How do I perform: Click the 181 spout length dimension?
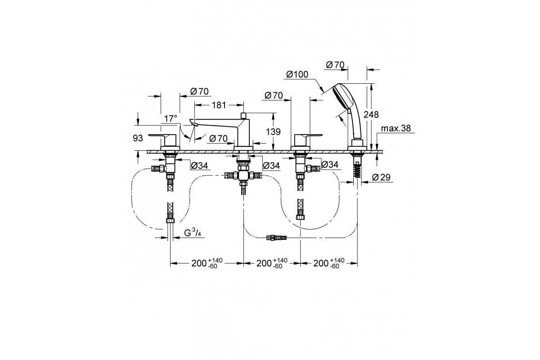click(219, 105)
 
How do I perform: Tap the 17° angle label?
click(171, 118)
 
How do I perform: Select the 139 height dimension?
click(273, 132)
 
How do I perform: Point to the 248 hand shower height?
click(371, 114)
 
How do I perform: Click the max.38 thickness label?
click(396, 128)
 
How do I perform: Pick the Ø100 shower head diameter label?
click(297, 75)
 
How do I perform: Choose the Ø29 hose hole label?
click(381, 177)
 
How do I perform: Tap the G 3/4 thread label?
click(193, 233)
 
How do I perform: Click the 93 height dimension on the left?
click(138, 138)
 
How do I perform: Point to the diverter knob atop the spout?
click(243, 115)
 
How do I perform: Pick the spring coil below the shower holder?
click(357, 170)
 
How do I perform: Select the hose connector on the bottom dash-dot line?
click(276, 238)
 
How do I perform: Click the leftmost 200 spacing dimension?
click(207, 263)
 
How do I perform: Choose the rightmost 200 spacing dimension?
click(329, 263)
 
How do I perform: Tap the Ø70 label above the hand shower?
click(335, 65)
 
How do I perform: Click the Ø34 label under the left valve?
click(199, 166)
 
